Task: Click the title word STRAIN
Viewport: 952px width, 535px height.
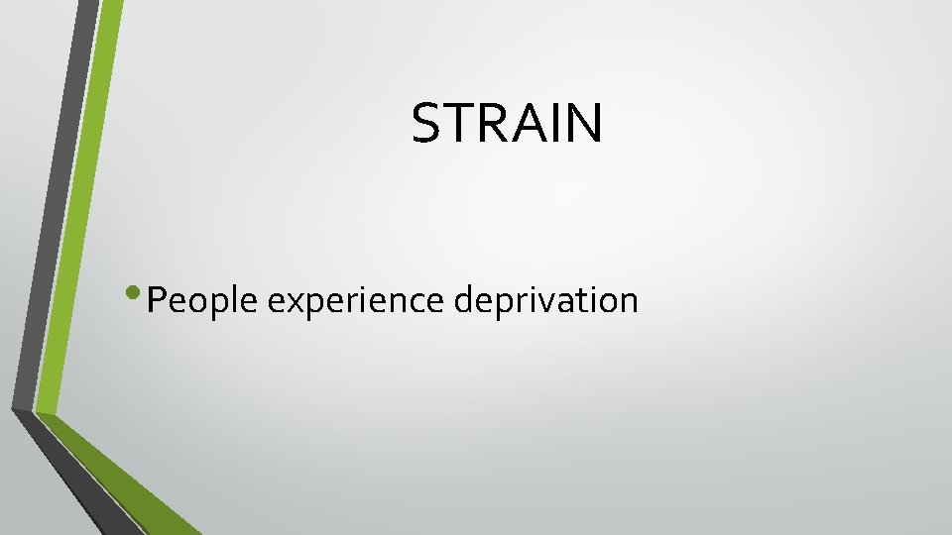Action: click(507, 124)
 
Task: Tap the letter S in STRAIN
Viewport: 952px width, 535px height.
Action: click(426, 124)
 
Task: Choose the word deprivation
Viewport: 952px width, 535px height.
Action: click(546, 299)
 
